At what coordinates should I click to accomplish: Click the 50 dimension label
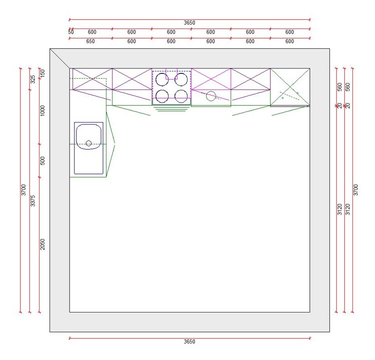(x=71, y=32)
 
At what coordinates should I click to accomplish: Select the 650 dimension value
(x=90, y=41)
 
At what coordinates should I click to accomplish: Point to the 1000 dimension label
(x=43, y=110)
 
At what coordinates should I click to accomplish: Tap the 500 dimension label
(x=43, y=160)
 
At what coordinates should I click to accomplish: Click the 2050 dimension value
(x=43, y=244)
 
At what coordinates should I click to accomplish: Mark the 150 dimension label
(x=43, y=73)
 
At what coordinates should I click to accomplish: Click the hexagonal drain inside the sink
(x=88, y=143)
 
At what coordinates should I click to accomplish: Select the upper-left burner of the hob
(x=162, y=79)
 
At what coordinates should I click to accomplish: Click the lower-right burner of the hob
(x=181, y=95)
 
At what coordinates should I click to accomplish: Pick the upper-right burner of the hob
(x=181, y=79)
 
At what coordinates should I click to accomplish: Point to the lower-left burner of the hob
(x=162, y=95)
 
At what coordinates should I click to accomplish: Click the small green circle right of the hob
(x=211, y=95)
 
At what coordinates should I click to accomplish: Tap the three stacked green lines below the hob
(x=171, y=108)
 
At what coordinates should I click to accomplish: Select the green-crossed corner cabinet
(x=289, y=87)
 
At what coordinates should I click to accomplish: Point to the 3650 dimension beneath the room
(x=189, y=342)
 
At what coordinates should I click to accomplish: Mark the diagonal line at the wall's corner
(x=59, y=58)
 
